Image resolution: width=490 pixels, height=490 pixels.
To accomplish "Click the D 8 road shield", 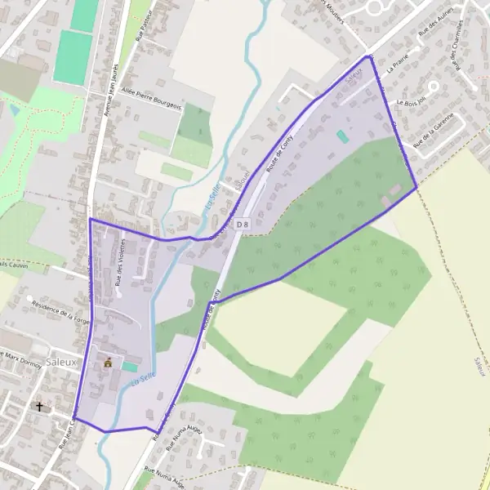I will pos(241,223).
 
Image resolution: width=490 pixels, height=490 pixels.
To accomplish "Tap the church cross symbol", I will pos(38,406).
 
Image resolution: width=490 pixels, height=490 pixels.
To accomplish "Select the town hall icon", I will pos(107,363).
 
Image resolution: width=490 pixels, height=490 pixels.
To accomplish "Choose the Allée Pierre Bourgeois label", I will pos(151,99).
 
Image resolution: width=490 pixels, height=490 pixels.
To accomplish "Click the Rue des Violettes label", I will pos(121,261).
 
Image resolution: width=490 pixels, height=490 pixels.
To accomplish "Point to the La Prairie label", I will pos(398,69).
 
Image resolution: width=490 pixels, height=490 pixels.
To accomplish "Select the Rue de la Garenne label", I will pos(432,135).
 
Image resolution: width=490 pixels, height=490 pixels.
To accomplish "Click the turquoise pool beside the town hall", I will pos(129,367).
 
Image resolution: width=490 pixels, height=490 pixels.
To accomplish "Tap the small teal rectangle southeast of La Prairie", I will pos(341,136).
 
